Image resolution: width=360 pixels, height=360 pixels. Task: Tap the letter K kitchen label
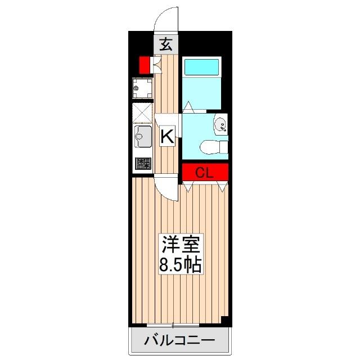pos(166,136)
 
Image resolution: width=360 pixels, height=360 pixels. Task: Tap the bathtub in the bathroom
pos(202,67)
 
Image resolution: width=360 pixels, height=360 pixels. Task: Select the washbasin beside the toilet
pos(221,124)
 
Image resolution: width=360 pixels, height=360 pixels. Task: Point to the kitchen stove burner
pos(143,164)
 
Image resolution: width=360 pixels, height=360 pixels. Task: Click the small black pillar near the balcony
pos(225,321)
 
